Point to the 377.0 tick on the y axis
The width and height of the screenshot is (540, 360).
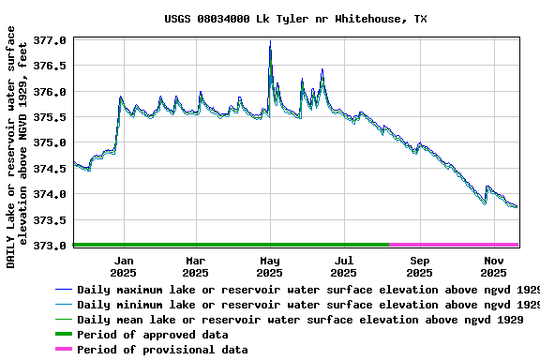(50, 41)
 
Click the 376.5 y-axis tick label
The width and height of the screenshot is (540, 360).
(50, 67)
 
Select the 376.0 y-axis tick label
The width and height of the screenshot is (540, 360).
(50, 92)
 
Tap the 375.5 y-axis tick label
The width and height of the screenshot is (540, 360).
(50, 118)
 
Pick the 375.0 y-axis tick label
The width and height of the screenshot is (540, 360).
(50, 143)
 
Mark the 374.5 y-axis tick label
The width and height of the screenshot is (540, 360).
(50, 169)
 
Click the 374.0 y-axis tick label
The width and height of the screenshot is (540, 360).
(50, 194)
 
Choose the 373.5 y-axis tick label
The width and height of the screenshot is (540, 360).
(50, 220)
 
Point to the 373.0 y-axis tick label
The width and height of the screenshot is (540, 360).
(50, 246)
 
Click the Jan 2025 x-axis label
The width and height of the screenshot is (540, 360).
(124, 266)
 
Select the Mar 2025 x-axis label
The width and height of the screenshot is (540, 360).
(195, 266)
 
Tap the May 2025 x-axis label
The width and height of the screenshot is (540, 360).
(270, 266)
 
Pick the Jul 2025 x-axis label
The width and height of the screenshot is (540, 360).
(344, 266)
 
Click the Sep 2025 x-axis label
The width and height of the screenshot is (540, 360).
(420, 266)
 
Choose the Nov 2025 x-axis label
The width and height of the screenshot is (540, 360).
(494, 266)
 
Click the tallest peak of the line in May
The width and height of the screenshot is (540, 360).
(270, 41)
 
